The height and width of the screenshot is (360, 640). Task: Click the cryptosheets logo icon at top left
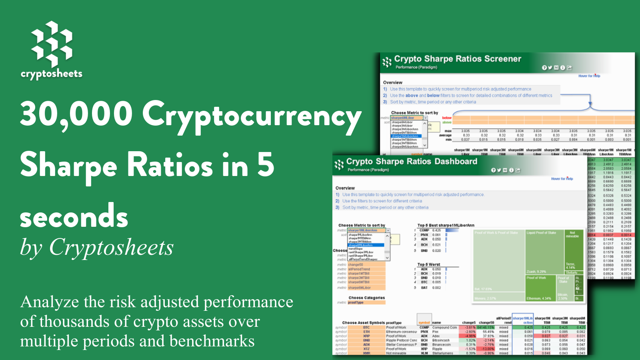52,44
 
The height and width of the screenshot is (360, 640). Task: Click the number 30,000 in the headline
76,114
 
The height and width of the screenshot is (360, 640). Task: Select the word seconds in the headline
74,216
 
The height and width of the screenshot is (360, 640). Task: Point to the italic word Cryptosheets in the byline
111,247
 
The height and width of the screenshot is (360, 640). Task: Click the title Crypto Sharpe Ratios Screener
457,59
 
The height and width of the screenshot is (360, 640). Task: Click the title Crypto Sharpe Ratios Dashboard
411,162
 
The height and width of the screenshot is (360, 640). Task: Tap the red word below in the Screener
446,118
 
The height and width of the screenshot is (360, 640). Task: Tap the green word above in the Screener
446,122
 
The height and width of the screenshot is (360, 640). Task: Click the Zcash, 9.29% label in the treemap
536,272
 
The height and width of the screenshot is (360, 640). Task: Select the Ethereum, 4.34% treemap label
538,298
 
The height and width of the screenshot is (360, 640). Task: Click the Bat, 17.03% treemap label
483,289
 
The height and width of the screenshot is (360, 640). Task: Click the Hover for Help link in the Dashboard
562,179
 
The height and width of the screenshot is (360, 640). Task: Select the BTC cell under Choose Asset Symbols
366,328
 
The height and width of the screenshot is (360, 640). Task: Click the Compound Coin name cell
444,328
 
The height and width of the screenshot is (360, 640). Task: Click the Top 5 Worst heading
428,264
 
